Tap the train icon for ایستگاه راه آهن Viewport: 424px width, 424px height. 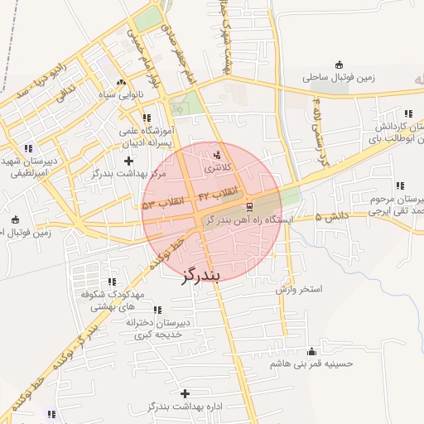click(249, 207)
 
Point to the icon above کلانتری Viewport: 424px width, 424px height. click(219, 155)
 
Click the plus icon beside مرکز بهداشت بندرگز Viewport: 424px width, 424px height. click(127, 158)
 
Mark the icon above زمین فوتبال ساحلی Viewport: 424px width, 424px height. click(338, 65)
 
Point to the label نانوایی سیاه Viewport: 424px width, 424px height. click(122, 95)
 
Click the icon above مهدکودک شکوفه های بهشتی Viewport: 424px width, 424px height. click(113, 282)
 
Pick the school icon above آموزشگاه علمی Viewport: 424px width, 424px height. click(147, 118)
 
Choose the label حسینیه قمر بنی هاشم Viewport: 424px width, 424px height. click(311, 364)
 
